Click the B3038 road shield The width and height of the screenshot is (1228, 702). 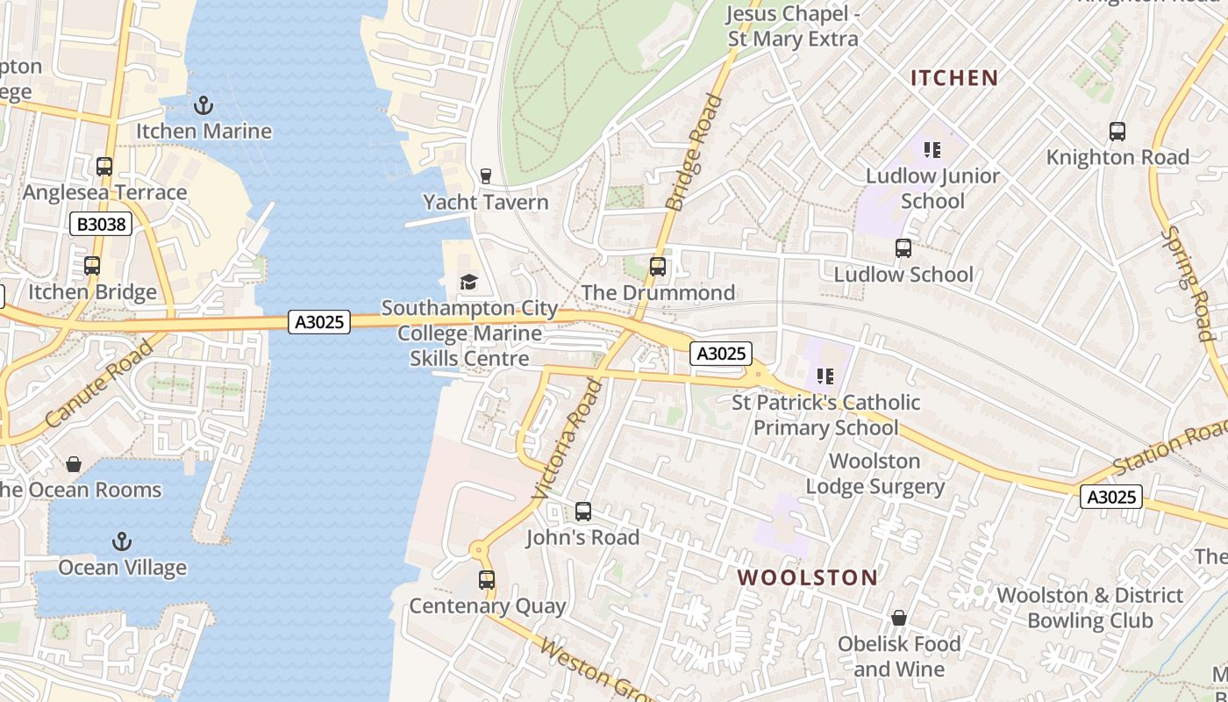coord(102,225)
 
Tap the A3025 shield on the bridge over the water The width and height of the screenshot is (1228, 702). coord(319,322)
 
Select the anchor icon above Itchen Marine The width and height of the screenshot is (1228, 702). coord(203,105)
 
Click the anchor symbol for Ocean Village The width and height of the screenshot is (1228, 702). coord(123,541)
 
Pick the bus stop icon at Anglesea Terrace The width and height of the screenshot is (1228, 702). coord(104,167)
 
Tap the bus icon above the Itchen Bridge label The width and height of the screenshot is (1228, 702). coord(92,266)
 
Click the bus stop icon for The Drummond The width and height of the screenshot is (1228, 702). coord(658,267)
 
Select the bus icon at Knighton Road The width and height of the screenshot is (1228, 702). coord(1117,132)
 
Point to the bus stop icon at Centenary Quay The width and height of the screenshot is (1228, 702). coord(487,580)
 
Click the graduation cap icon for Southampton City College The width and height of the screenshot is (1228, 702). coord(469,283)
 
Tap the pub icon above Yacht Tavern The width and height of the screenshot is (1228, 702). coord(486,176)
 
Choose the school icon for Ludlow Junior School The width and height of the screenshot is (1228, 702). coord(932,150)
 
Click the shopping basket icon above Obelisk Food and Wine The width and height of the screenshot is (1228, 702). coord(898,619)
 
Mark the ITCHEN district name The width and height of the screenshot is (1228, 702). coord(954,78)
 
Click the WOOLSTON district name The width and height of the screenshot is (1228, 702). coord(807,577)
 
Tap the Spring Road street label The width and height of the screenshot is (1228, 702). coord(1189,283)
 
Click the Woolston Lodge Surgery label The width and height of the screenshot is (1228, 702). coord(875,474)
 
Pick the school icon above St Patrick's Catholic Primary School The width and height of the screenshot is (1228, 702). coord(825,376)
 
